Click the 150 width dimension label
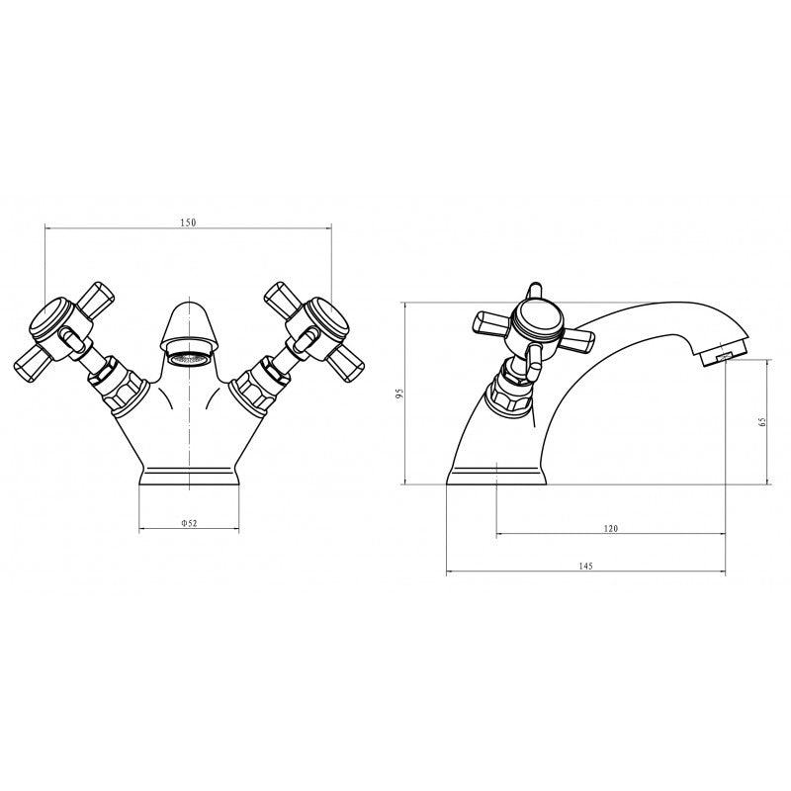188,221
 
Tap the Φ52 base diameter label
189,523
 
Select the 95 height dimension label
399,394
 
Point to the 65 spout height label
762,422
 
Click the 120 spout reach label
610,528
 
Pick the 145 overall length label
585,566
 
